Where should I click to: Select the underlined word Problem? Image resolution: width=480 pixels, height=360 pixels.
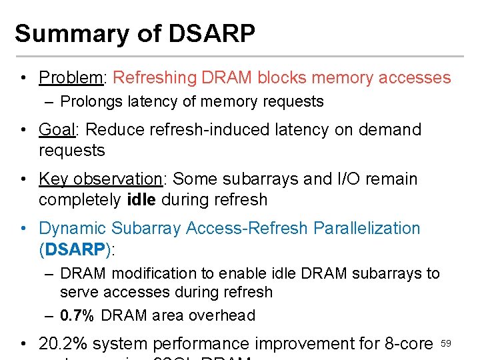70,78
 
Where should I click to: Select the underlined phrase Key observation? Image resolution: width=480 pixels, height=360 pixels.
101,179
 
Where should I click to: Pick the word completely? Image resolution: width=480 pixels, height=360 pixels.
80,200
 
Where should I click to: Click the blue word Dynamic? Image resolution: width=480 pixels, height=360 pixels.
74,229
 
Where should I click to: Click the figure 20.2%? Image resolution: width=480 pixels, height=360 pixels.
63,344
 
